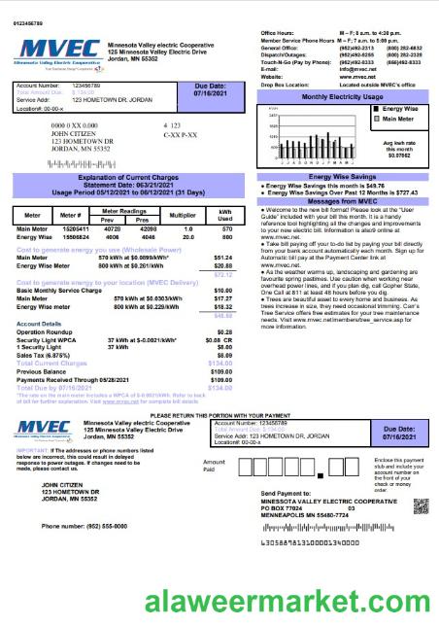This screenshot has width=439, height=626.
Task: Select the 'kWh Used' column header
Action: click(x=225, y=215)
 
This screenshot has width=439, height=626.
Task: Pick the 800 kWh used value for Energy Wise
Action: click(x=225, y=236)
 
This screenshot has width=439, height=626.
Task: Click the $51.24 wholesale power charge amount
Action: click(x=223, y=258)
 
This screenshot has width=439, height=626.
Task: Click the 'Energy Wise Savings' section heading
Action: click(x=341, y=177)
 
